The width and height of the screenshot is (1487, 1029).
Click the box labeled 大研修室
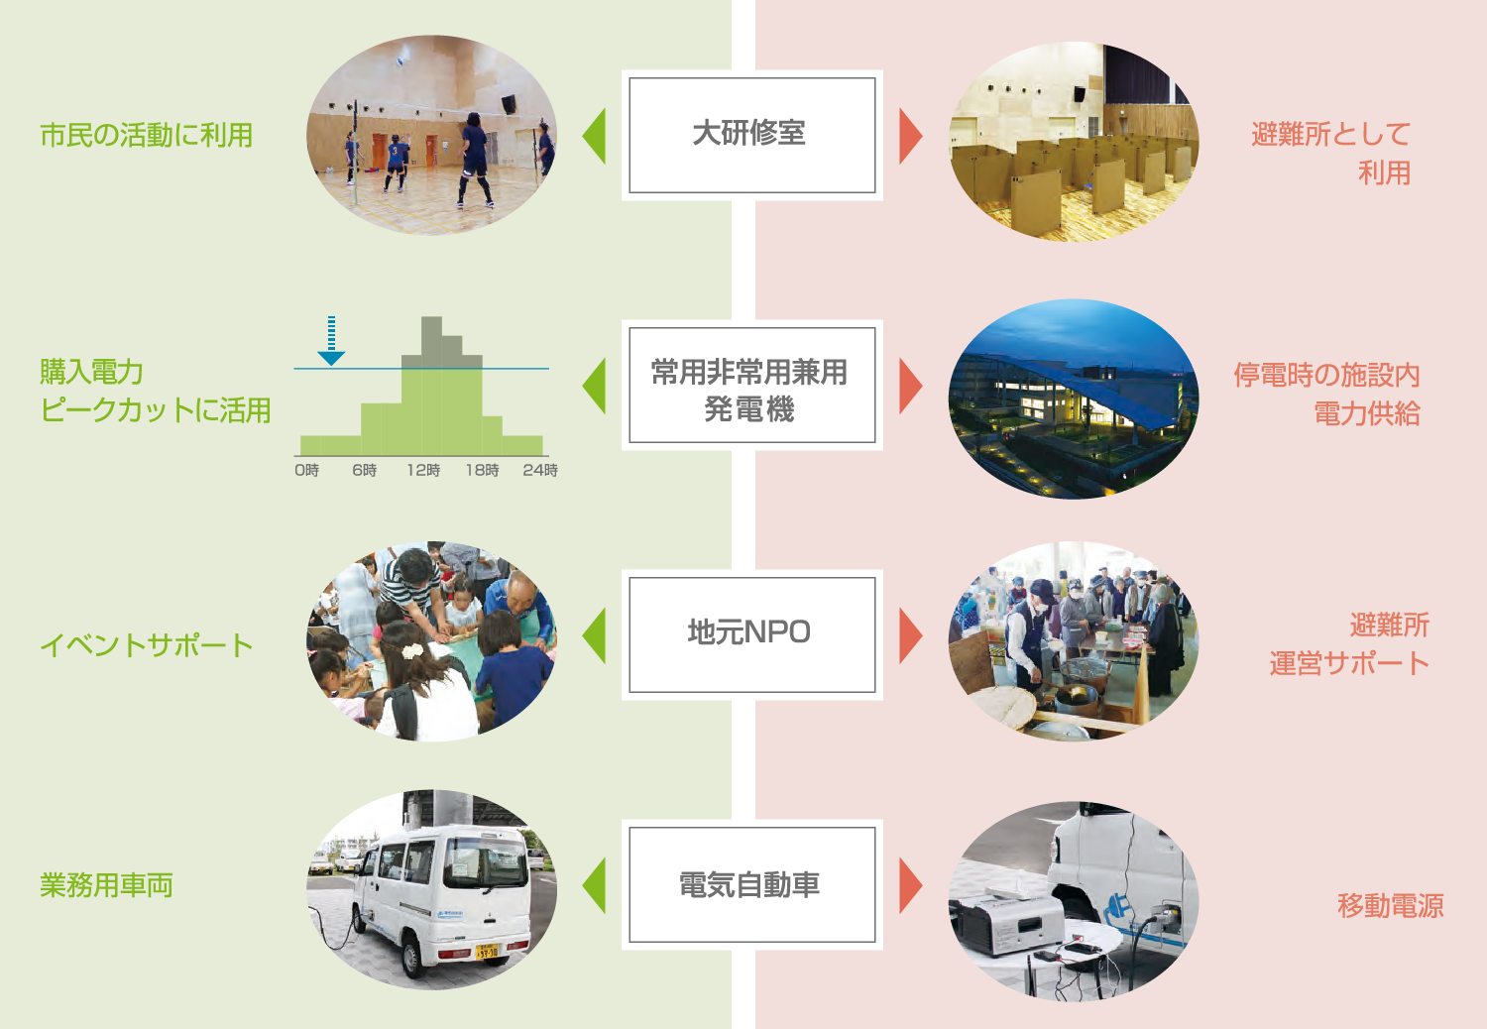tap(752, 136)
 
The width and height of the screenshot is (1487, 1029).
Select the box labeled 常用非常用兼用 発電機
tap(752, 385)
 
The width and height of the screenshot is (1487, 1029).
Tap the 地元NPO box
tap(752, 634)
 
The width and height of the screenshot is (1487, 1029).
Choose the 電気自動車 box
tap(752, 884)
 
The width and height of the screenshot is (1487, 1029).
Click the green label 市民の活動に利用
tap(147, 135)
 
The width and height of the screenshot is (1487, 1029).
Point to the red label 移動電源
tap(1390, 905)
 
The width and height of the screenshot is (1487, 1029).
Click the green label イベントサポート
tap(147, 644)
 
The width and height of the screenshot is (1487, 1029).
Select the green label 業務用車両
tap(106, 885)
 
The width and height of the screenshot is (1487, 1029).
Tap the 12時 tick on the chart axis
tap(423, 470)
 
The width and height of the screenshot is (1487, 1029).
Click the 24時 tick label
tap(540, 470)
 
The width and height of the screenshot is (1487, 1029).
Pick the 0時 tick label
tap(306, 470)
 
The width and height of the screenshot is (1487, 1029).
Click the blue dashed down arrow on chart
tap(331, 341)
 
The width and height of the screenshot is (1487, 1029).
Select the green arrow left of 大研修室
tap(594, 136)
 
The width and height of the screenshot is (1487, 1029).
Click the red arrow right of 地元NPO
tap(911, 635)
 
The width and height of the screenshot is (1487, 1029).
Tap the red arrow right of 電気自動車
tap(911, 885)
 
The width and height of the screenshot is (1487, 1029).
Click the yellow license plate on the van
tap(487, 952)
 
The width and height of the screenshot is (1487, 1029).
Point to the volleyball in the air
tap(400, 61)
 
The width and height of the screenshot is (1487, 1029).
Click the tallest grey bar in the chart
tap(431, 342)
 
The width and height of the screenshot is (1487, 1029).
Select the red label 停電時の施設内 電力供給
tap(1327, 394)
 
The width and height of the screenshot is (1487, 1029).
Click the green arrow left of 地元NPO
tap(594, 635)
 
